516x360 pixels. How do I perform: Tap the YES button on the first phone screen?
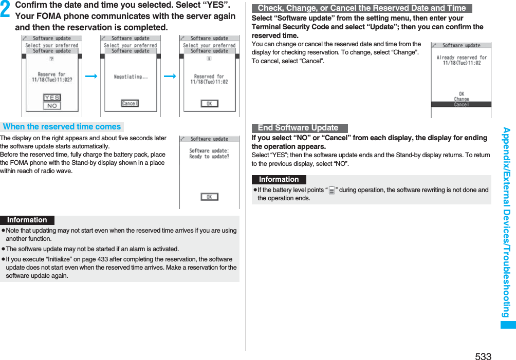52,98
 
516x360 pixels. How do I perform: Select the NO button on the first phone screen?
52,106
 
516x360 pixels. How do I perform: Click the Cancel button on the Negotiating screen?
130,104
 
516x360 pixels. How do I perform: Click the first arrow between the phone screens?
91,77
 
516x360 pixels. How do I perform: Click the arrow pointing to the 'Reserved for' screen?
170,77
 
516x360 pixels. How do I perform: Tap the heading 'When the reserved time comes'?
62,127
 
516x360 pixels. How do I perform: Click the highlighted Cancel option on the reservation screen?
461,104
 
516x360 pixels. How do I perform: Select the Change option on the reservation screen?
461,99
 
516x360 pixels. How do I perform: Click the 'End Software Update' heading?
298,128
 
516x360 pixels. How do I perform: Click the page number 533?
483,356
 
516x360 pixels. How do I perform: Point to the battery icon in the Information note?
331,191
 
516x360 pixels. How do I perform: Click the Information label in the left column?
27,220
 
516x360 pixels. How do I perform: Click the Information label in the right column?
279,179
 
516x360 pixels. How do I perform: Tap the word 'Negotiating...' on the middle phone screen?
131,77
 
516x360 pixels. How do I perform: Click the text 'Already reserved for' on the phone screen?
461,58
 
